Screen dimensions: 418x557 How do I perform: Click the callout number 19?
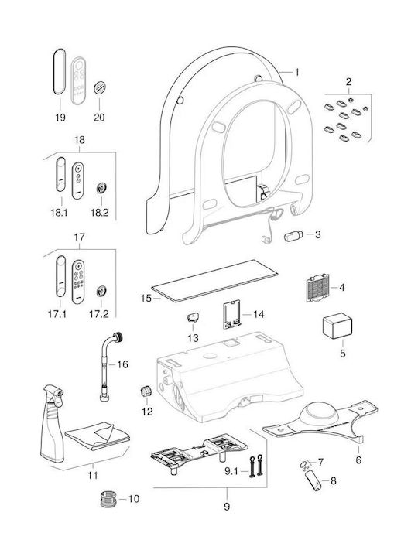(60, 118)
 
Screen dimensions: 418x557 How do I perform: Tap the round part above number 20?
(100, 88)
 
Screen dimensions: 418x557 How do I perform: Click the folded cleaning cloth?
(98, 436)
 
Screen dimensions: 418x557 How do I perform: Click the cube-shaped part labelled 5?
(337, 326)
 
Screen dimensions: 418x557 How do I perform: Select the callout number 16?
(122, 364)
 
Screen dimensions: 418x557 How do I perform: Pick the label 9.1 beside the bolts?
(231, 471)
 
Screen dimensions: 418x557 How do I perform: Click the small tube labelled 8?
(314, 480)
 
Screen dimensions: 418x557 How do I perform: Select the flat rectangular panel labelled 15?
(214, 281)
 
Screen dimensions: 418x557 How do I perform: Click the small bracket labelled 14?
(231, 314)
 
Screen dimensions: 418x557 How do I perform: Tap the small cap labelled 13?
(193, 316)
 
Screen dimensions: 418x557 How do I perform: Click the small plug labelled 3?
(293, 236)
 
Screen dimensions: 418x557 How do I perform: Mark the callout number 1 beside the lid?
(296, 73)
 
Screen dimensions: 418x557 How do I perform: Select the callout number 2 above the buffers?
(348, 82)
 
